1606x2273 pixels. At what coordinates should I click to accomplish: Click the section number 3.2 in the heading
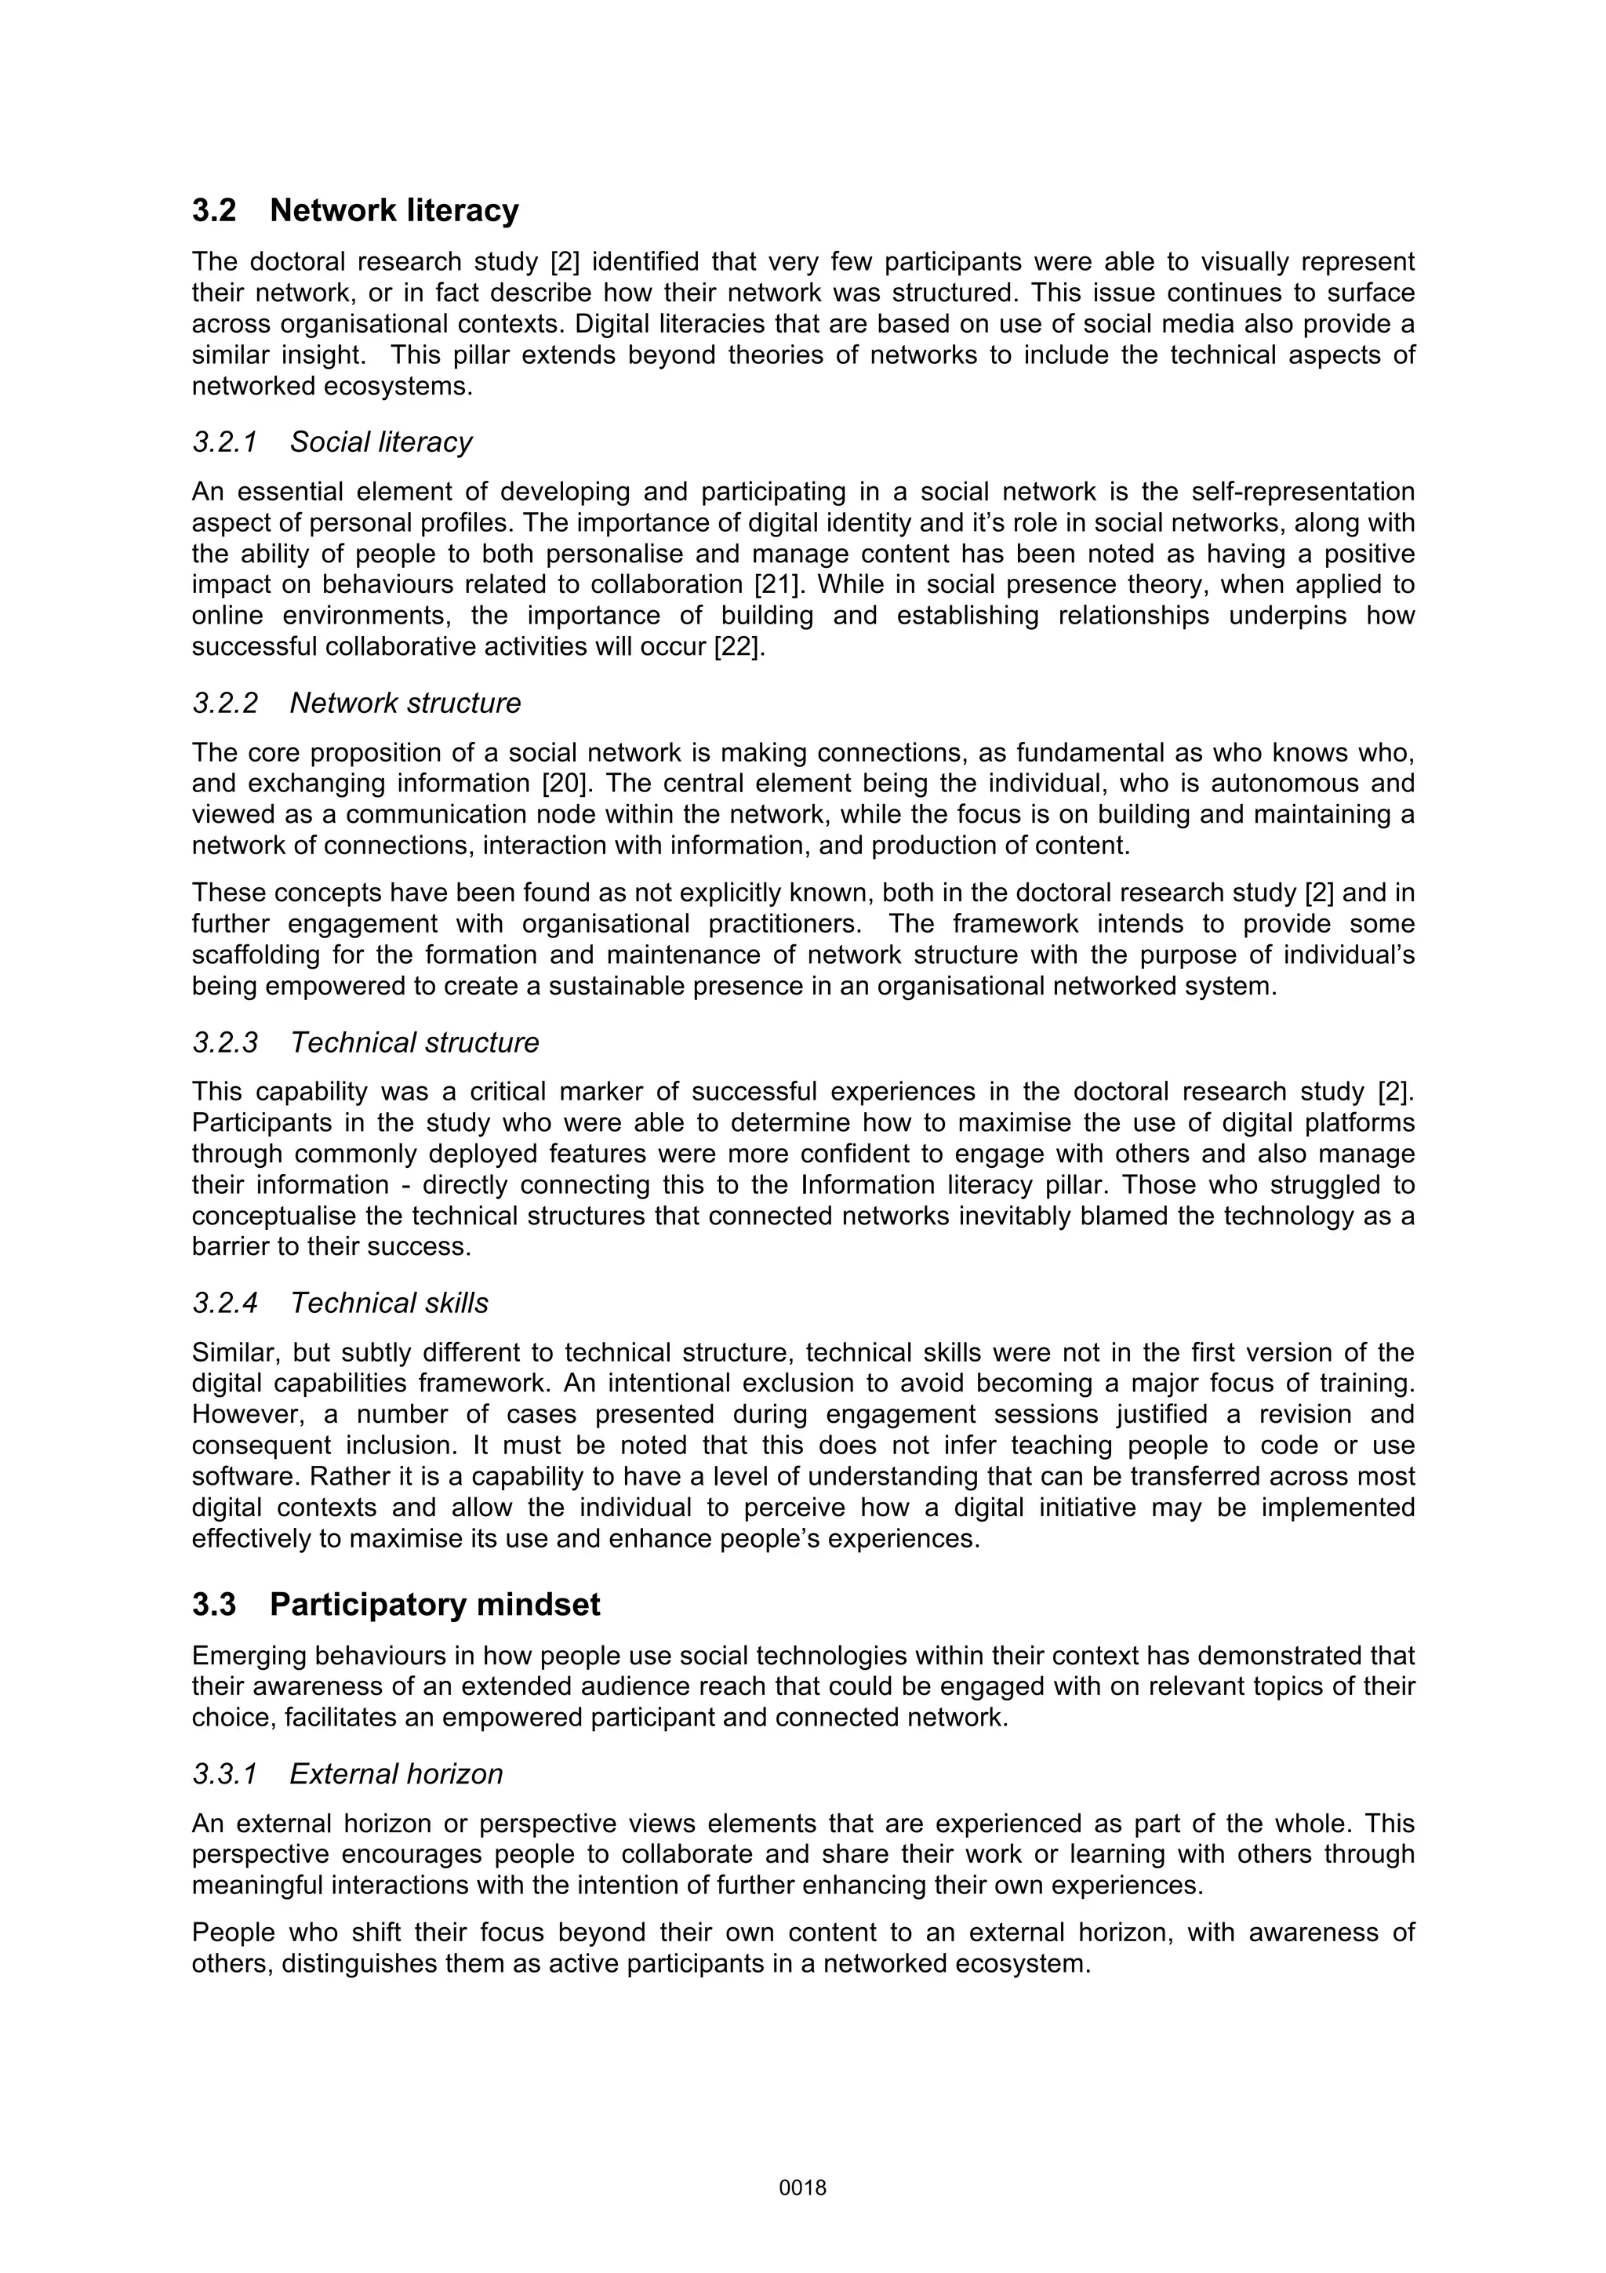coord(214,211)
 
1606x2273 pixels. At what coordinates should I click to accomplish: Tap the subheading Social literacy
coord(380,442)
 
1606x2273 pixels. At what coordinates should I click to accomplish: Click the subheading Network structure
coord(405,703)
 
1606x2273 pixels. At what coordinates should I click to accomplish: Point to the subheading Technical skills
coord(389,1303)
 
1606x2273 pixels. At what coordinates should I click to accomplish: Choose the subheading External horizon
coord(396,1773)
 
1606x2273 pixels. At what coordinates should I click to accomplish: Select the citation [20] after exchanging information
coord(567,783)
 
